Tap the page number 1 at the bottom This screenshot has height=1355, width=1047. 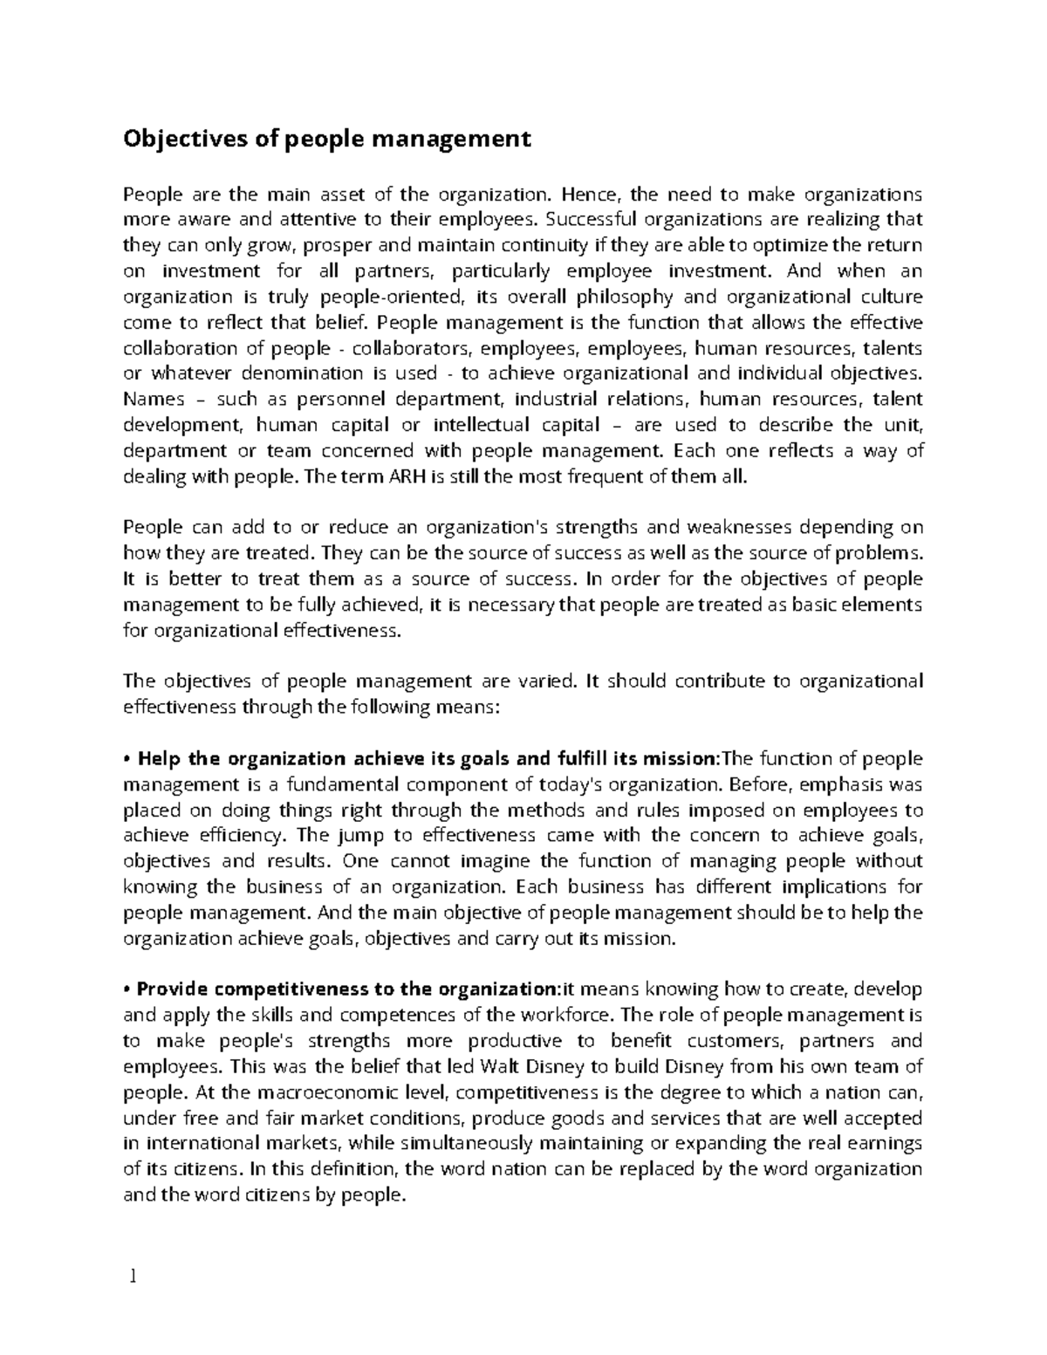click(133, 1277)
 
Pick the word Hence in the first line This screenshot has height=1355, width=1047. click(590, 194)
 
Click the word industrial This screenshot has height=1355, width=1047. click(551, 400)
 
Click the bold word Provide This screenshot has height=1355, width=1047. click(171, 989)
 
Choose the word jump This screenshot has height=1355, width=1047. click(349, 835)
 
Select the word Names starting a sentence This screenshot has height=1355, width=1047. click(154, 400)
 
